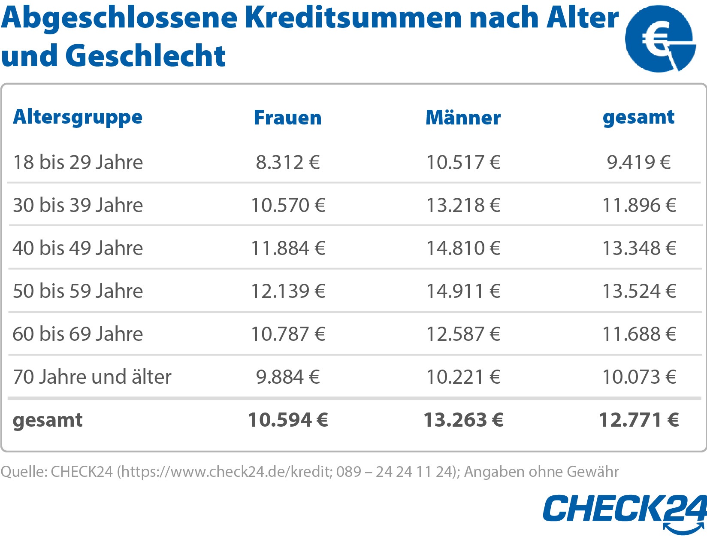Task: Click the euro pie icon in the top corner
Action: (660, 39)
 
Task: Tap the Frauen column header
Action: (287, 118)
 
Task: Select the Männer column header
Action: (463, 118)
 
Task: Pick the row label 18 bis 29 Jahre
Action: (78, 162)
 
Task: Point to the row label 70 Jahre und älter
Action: (92, 377)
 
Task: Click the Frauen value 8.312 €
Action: (288, 162)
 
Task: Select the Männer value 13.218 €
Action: (463, 205)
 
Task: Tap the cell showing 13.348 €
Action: (639, 248)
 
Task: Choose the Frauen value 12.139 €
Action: (288, 291)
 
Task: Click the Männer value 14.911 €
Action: (463, 291)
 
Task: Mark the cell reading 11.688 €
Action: (639, 334)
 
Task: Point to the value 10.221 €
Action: (463, 377)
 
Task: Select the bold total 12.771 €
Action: (639, 420)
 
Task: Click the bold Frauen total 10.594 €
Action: (288, 420)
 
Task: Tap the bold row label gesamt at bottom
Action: (48, 420)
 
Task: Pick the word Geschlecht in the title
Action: (145, 56)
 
